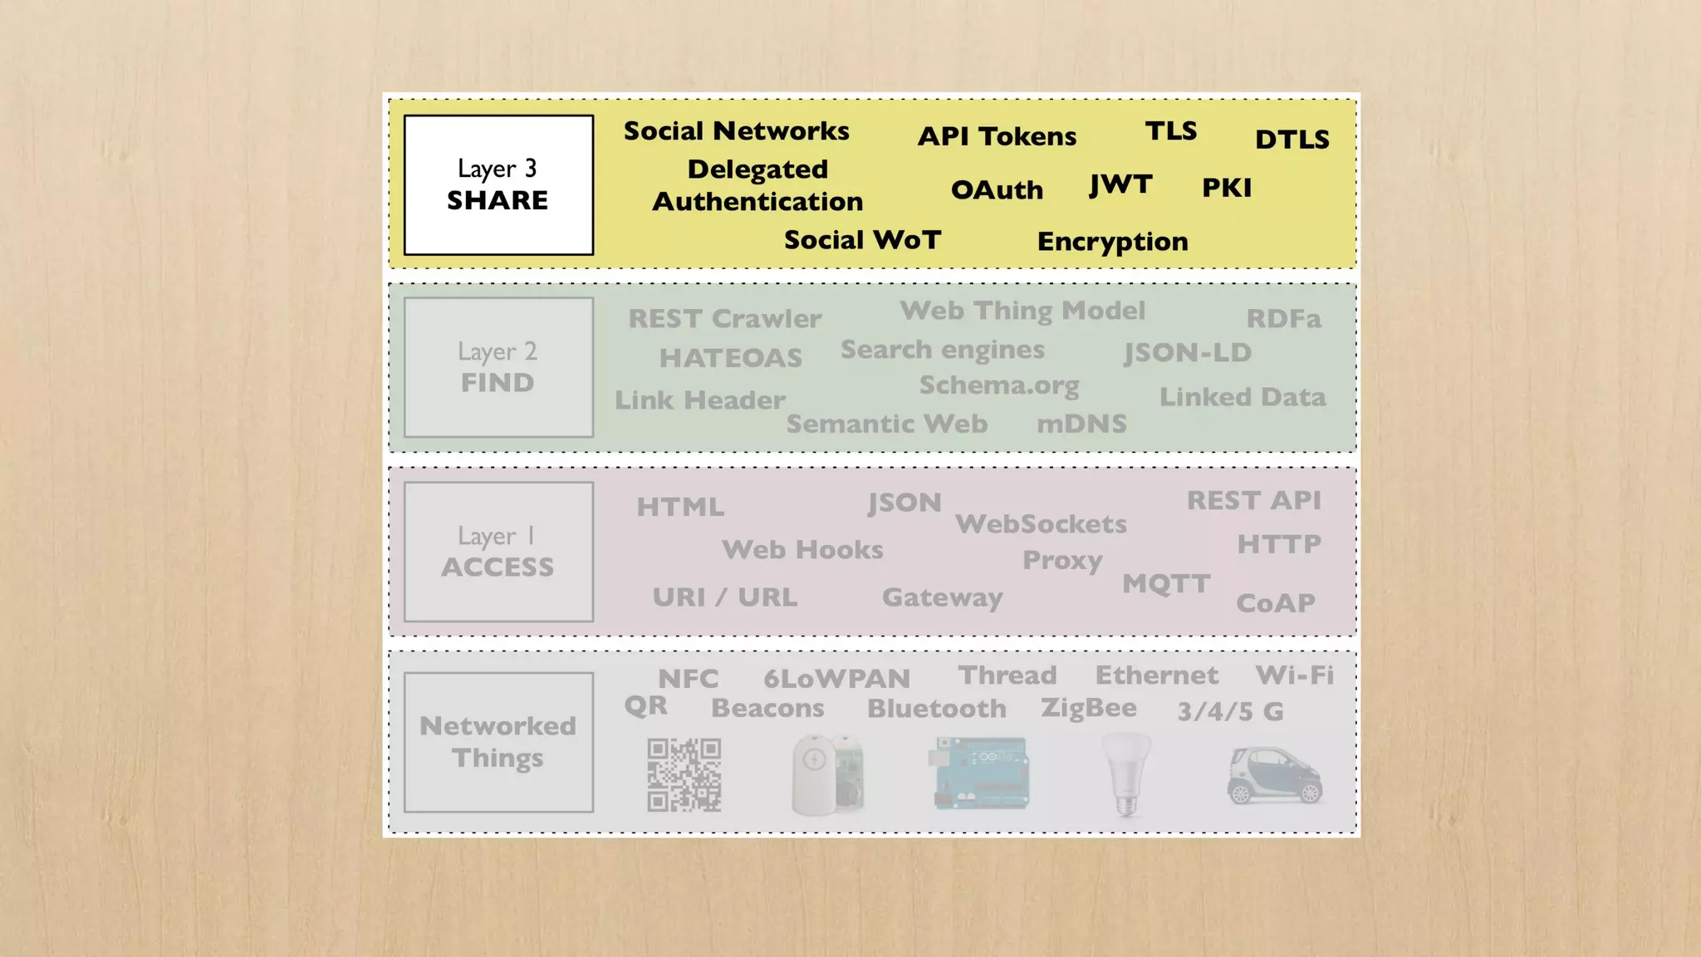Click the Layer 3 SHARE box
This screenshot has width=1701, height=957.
[498, 184]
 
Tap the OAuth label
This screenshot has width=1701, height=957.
[997, 190]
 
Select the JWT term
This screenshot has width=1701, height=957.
[1120, 184]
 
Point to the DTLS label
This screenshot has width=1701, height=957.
[1292, 140]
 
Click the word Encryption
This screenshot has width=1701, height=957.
[1112, 242]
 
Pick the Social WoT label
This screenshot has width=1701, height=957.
[862, 240]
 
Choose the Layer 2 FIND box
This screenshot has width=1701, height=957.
[498, 367]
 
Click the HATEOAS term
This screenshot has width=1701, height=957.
[731, 358]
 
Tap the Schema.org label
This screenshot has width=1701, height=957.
[999, 385]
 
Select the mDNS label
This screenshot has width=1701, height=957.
[1081, 425]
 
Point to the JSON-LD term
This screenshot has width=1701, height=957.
[1188, 353]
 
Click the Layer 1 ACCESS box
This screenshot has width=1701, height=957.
[498, 552]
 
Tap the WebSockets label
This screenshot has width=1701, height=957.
[1041, 524]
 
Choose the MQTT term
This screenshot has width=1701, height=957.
[1166, 584]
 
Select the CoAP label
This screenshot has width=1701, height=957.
[1276, 603]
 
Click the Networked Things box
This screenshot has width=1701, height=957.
[498, 742]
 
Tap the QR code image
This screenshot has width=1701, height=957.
[684, 774]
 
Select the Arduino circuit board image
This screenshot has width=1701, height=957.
[982, 773]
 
